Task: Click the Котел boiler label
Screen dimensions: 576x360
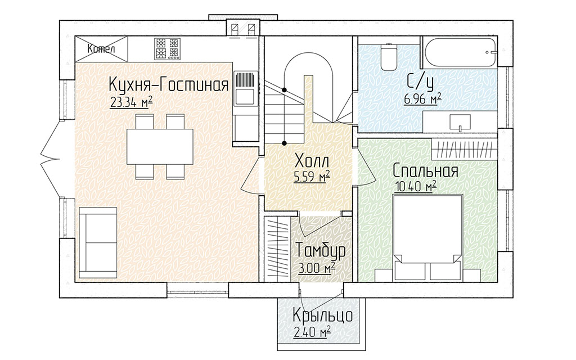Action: point(101,48)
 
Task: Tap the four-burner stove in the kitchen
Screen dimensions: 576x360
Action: point(167,48)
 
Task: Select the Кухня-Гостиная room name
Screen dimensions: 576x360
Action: point(169,85)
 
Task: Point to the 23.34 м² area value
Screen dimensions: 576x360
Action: point(131,102)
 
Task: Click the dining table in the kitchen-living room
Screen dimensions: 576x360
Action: point(160,147)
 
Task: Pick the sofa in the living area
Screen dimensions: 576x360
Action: point(98,242)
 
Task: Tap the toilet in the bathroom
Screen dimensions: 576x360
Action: point(388,57)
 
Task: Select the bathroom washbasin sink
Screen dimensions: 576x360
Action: point(460,122)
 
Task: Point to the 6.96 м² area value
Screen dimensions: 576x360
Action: point(422,99)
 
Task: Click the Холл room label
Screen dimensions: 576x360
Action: point(312,161)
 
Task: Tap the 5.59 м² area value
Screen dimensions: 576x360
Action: point(312,177)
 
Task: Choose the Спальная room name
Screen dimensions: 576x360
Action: point(425,171)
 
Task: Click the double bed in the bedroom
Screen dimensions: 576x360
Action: point(426,238)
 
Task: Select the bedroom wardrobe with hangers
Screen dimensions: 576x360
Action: point(464,150)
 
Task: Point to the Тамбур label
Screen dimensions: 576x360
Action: point(320,250)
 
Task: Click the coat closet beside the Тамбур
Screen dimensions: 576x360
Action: point(277,250)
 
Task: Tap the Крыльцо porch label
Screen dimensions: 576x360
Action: point(323,315)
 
